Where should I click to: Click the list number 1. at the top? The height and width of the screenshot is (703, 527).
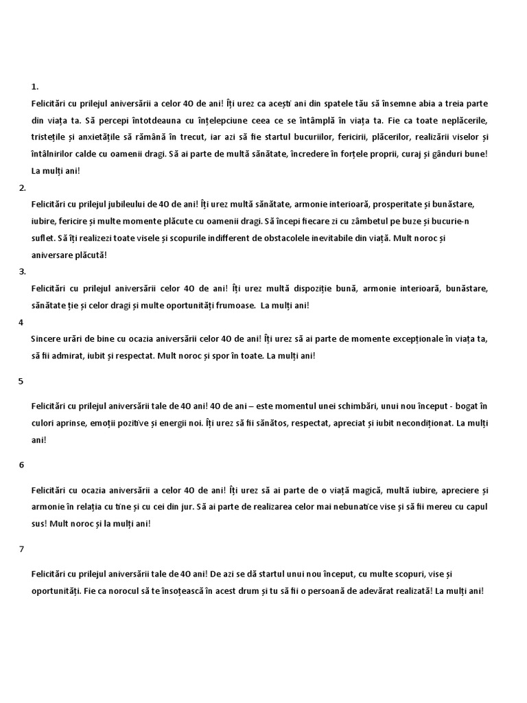[35, 87]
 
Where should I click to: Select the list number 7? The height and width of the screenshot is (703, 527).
[21, 549]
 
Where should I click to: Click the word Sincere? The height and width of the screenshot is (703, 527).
[47, 338]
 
